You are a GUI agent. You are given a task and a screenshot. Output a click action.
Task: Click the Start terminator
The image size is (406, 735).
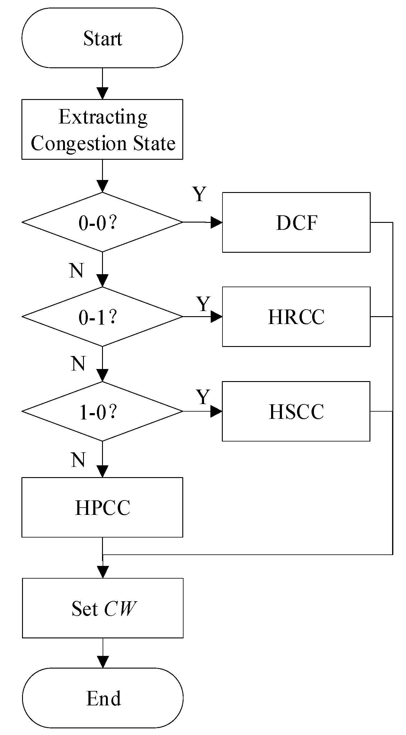(102, 38)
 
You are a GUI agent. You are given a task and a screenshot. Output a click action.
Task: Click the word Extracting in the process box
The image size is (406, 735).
(103, 117)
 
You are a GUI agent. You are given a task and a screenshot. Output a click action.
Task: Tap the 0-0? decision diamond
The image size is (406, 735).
(102, 222)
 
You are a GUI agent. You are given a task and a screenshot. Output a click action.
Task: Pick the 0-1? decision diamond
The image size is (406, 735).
(102, 317)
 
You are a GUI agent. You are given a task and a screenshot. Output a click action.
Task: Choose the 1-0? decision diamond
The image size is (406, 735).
(102, 411)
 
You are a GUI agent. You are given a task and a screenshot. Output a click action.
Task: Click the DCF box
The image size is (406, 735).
(296, 222)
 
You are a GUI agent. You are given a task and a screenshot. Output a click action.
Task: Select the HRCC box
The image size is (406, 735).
(296, 317)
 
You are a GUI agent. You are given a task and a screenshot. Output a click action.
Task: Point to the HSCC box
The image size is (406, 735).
(296, 411)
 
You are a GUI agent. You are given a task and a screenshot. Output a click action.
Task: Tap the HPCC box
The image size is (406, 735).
(102, 507)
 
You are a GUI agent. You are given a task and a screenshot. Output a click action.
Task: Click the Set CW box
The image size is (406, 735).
(103, 608)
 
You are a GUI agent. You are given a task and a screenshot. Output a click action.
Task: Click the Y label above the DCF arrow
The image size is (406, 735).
(200, 194)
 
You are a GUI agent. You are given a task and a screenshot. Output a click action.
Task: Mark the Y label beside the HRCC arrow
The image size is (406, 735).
(203, 303)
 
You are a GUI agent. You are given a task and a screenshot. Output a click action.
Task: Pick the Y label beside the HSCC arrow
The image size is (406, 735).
(203, 397)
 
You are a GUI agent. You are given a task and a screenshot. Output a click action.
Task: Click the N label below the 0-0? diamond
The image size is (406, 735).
(76, 270)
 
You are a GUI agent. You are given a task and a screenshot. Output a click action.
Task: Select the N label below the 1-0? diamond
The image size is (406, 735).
(78, 460)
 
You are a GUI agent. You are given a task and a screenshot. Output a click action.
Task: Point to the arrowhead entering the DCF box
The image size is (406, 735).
(216, 223)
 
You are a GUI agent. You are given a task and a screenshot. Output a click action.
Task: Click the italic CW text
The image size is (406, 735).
(120, 608)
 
